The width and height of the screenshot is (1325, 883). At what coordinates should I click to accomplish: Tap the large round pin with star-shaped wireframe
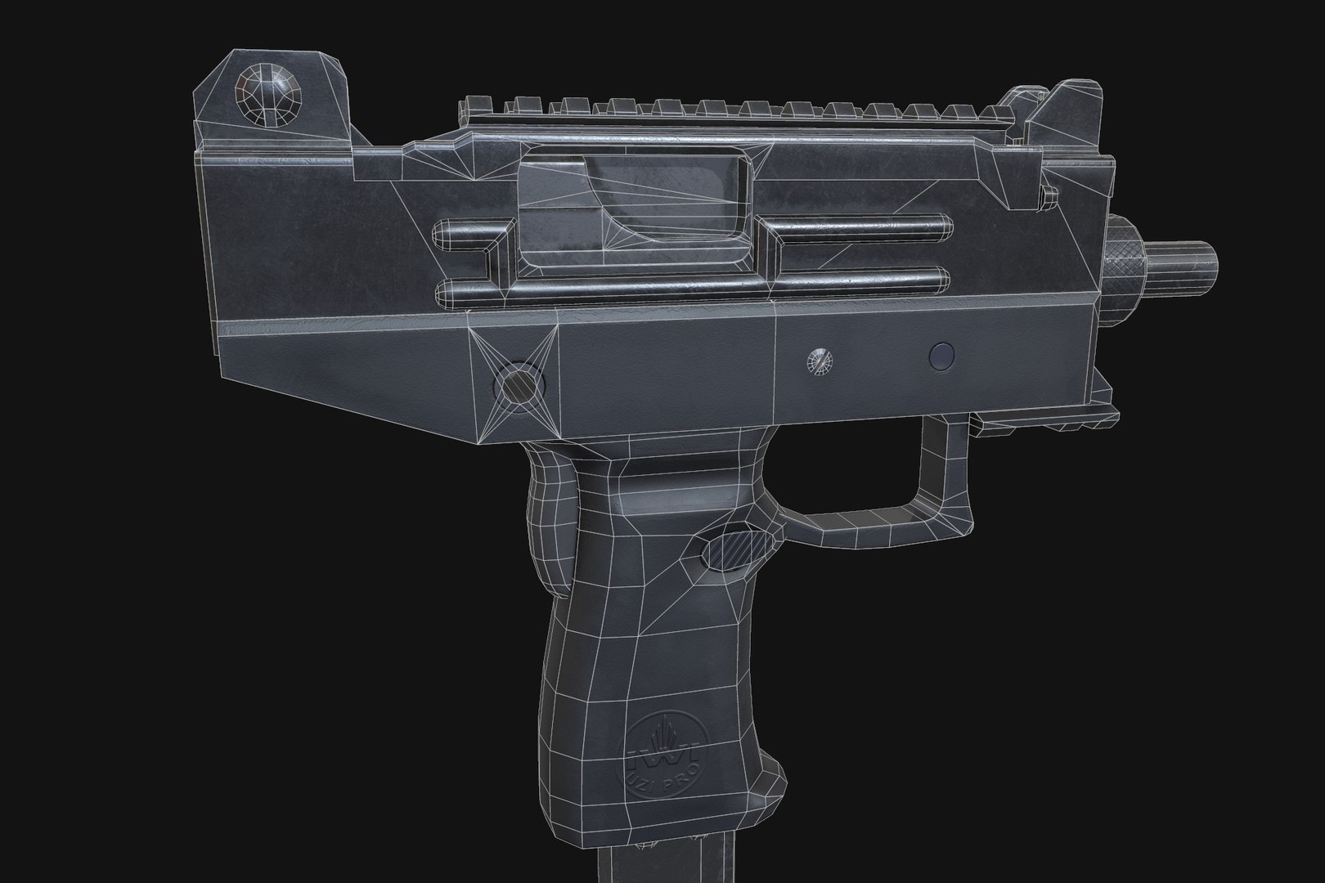pyautogui.click(x=520, y=382)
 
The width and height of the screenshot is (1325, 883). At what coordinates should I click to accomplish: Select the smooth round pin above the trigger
pyautogui.click(x=942, y=355)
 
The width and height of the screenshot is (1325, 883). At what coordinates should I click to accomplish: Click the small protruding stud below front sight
pyautogui.click(x=1048, y=196)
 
